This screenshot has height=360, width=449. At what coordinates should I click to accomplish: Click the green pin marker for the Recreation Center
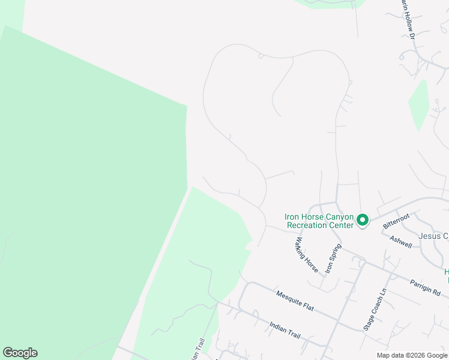coord(363,220)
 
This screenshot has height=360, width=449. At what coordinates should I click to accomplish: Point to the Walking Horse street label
coord(306,255)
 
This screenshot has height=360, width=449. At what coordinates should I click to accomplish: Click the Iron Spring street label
coord(333,259)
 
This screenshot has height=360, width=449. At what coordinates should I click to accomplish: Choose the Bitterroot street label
coord(396,220)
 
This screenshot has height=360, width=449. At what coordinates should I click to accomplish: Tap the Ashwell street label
coord(400,241)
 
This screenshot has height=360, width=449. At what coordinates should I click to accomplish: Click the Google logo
coord(20,353)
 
